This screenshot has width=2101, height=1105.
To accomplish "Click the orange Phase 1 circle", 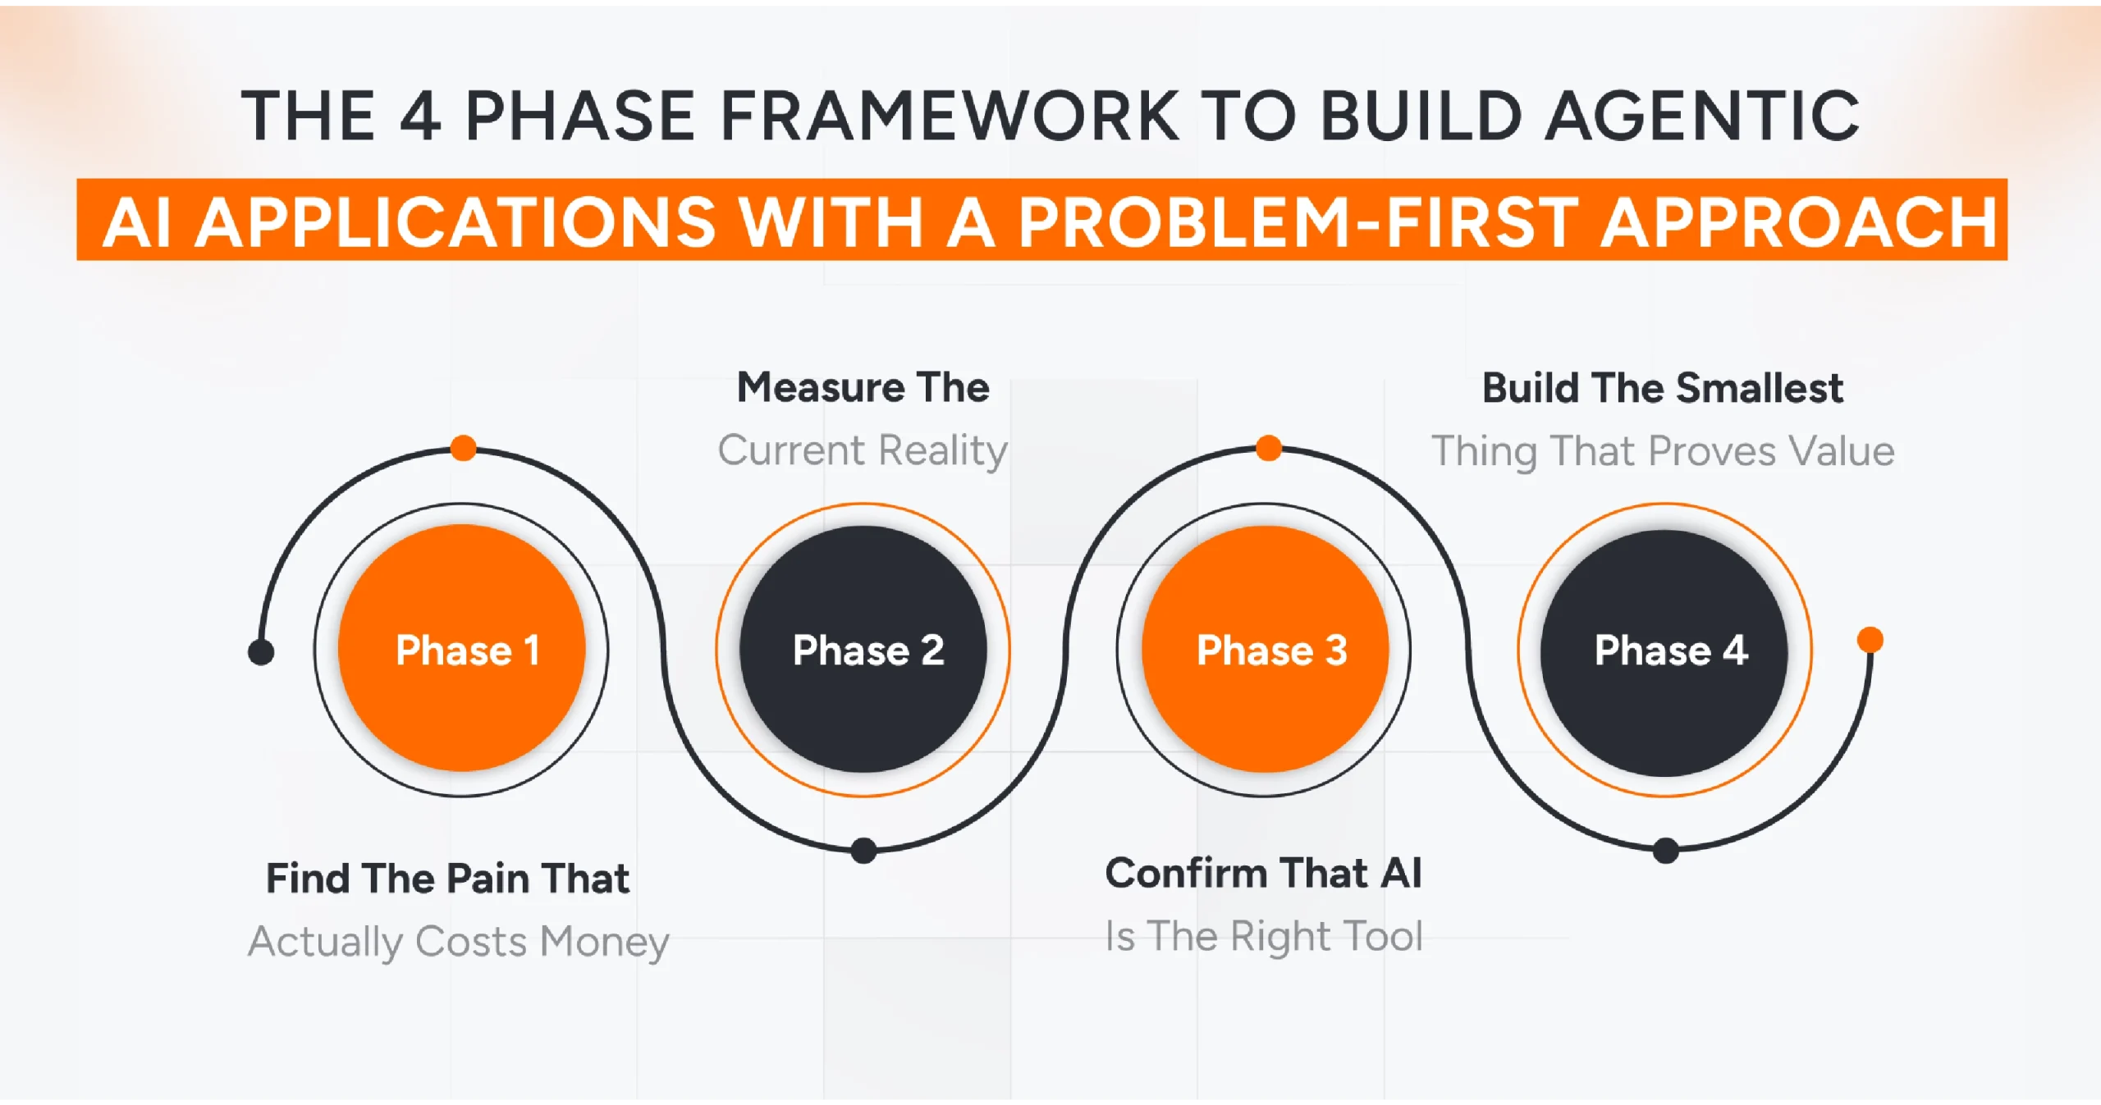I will click(461, 648).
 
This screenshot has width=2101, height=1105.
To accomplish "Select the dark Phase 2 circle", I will click(863, 649).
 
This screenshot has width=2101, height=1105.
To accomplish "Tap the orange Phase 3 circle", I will click(1265, 649).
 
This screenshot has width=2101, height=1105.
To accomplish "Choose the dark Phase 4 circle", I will click(1664, 652).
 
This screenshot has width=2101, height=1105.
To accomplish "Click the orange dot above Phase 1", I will click(464, 448).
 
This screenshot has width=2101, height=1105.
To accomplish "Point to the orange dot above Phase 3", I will click(1269, 448).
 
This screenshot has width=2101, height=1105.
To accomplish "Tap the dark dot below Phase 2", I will click(863, 850).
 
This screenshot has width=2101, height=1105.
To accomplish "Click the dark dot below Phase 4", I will click(1665, 850).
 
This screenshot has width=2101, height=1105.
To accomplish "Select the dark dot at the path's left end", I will click(261, 652).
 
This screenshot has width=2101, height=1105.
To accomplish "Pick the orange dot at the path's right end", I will click(1870, 639).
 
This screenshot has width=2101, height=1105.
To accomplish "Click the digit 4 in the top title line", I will click(421, 116).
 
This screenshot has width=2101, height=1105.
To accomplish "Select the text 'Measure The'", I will click(863, 387).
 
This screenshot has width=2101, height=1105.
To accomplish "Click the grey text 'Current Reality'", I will click(863, 450).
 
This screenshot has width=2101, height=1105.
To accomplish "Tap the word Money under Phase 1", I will click(605, 941).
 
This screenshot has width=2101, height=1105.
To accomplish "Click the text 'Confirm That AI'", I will click(1263, 873).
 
